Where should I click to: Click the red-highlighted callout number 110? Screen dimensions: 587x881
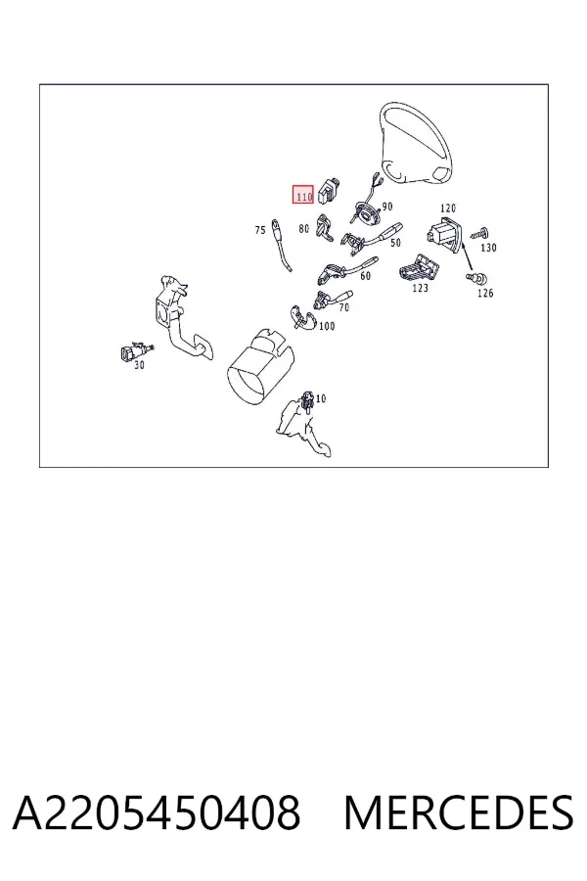point(303,197)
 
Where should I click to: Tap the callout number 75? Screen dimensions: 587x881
point(260,230)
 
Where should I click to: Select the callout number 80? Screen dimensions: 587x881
point(304,229)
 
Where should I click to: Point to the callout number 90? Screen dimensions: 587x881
point(387,207)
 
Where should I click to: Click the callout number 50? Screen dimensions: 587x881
point(395,243)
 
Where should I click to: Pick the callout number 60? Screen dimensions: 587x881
point(366,276)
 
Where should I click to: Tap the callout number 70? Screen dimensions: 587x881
point(343,307)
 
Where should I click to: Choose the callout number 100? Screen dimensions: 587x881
point(327,326)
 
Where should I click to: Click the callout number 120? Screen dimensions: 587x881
point(448,209)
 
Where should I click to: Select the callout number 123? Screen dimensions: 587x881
point(420,288)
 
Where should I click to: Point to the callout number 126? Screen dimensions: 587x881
point(485,293)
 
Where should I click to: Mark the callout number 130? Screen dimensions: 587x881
point(489,248)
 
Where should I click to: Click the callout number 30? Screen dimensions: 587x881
point(139,365)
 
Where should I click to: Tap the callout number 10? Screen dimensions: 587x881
point(321,399)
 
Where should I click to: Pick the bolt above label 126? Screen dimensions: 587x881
point(476,277)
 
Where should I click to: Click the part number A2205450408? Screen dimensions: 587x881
point(157,812)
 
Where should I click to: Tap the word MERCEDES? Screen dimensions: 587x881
point(459,812)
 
